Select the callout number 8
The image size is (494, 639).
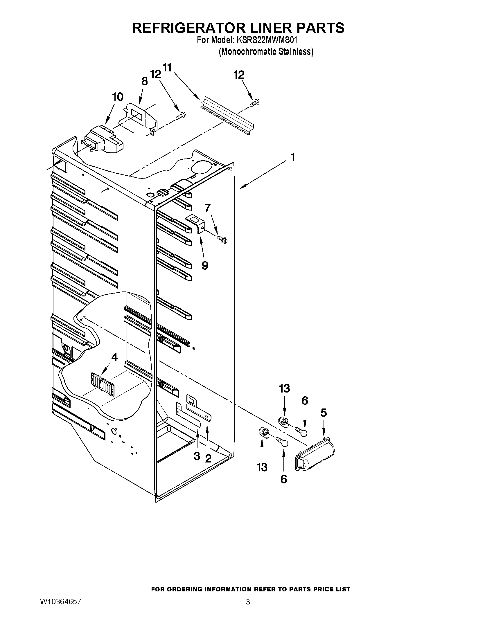(145, 81)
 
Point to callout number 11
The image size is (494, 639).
(167, 68)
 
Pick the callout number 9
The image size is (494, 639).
(205, 265)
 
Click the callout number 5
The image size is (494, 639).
(324, 413)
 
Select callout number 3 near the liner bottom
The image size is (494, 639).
(197, 456)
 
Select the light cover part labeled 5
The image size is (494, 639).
(315, 454)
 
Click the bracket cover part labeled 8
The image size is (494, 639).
(141, 117)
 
